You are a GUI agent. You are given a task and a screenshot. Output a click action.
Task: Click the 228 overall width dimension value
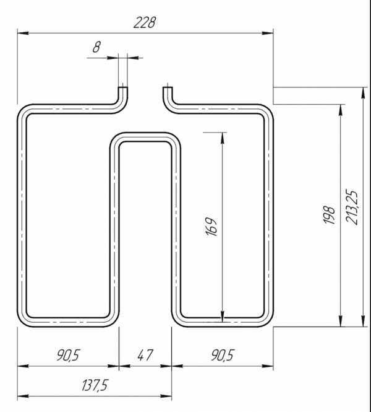coord(145,22)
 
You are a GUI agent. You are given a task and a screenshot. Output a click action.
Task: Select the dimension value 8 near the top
coord(96,47)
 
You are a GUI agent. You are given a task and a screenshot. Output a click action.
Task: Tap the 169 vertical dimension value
coord(211,227)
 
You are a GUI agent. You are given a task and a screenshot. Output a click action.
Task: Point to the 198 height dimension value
coord(330,215)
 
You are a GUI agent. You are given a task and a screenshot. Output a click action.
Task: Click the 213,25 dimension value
coord(352,207)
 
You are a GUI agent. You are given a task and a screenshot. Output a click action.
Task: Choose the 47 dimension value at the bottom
coord(145,355)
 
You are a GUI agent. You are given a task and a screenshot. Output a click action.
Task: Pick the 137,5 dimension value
coord(95,385)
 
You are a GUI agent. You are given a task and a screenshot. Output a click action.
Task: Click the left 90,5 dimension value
coord(68,355)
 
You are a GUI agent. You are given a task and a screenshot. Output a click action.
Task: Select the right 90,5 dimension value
coord(223,355)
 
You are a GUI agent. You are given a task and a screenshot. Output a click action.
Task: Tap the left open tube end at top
coord(122,88)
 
